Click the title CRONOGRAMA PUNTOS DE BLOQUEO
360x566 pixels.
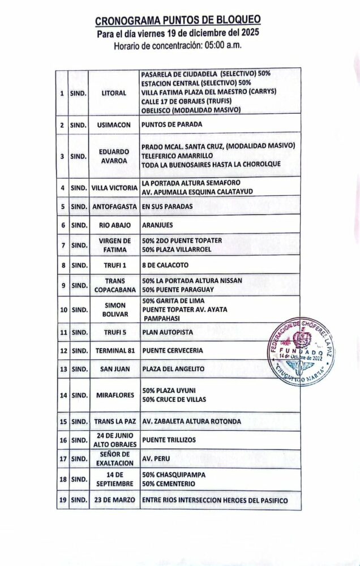(178, 22)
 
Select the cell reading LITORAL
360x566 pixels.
(114, 93)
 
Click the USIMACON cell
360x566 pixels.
(114, 124)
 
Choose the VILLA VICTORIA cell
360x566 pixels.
(114, 187)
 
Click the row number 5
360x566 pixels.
(62, 207)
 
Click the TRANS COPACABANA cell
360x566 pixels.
(114, 285)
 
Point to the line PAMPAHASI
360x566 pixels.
(161, 318)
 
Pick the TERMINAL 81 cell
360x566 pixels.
(114, 350)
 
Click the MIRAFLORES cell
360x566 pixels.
(114, 395)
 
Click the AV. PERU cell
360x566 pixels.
(156, 459)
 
